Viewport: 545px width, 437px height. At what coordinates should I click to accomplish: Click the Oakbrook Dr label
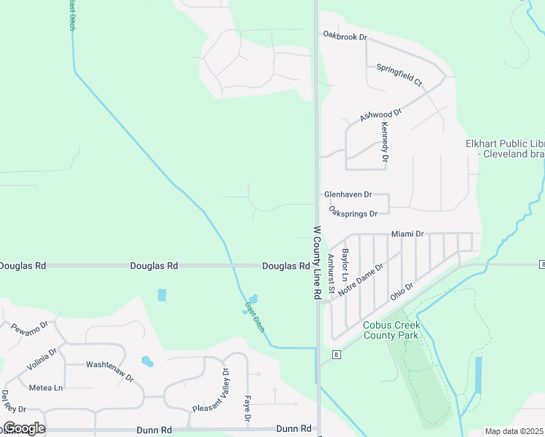(345, 35)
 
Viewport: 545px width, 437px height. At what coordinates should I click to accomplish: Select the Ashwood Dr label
(381, 116)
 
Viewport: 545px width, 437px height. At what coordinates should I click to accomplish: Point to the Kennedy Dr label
(385, 142)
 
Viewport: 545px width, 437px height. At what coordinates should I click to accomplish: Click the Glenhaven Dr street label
(348, 194)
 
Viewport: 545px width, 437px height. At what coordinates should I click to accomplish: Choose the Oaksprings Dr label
(353, 213)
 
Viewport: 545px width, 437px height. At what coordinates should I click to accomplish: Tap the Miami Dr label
(407, 234)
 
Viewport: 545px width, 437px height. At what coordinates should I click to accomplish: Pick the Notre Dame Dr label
(361, 277)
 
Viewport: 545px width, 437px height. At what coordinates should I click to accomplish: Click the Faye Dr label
(247, 410)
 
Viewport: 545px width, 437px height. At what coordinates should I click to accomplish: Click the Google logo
(23, 428)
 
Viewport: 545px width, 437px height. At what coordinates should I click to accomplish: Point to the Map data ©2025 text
(514, 431)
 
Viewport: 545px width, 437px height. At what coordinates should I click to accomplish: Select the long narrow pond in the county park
(478, 375)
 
